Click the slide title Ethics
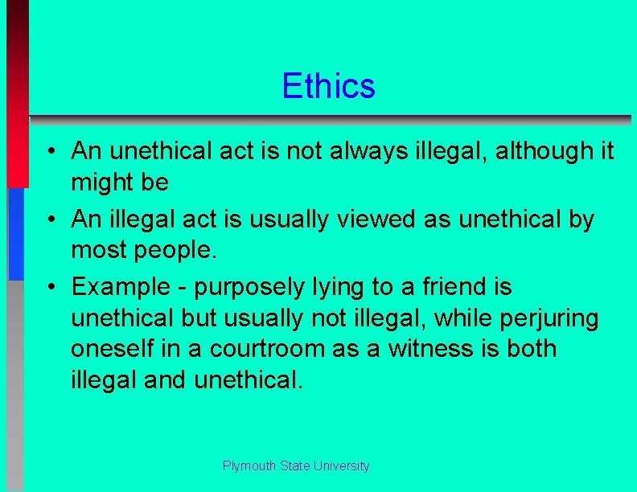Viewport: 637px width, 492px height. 328,86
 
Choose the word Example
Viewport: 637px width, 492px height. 121,286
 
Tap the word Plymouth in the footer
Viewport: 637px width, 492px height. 249,466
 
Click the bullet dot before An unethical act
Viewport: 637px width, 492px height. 50,151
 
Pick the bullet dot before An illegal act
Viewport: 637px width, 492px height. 50,219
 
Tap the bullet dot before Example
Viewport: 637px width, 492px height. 50,287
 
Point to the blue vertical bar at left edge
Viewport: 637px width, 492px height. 16,233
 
